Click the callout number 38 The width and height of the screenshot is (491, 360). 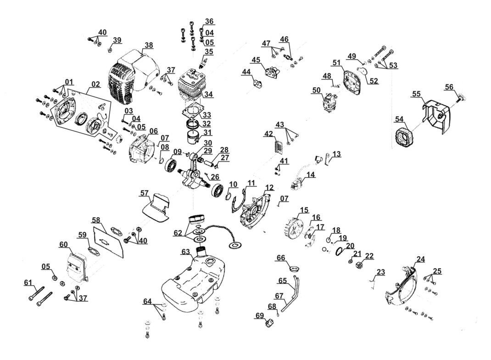(x=149, y=45)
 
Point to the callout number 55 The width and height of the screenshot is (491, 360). (x=417, y=94)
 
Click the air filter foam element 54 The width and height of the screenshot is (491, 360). (x=405, y=138)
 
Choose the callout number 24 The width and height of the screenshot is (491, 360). (x=421, y=259)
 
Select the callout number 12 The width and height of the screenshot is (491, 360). (x=269, y=188)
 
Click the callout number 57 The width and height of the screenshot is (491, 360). (x=145, y=193)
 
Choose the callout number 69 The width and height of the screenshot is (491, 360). (x=260, y=315)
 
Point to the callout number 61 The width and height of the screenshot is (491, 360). (x=28, y=282)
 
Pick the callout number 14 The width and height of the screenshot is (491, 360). (x=311, y=174)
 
